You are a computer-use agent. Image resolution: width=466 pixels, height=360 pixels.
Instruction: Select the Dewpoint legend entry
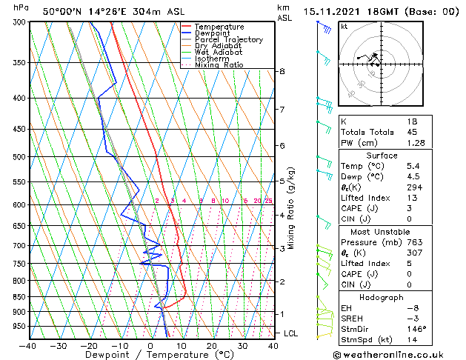point(211,33)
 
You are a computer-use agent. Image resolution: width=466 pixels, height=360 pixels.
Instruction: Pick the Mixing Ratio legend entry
point(219,65)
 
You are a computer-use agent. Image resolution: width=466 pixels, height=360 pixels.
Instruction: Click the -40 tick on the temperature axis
point(28,346)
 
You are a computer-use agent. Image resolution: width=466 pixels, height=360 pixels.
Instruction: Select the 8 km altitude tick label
point(282,71)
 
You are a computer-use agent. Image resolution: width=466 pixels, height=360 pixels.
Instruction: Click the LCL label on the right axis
point(290,334)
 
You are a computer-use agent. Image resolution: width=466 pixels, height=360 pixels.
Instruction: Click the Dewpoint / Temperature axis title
point(150,356)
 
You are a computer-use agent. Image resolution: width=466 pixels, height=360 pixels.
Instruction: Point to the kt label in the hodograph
point(344,26)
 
